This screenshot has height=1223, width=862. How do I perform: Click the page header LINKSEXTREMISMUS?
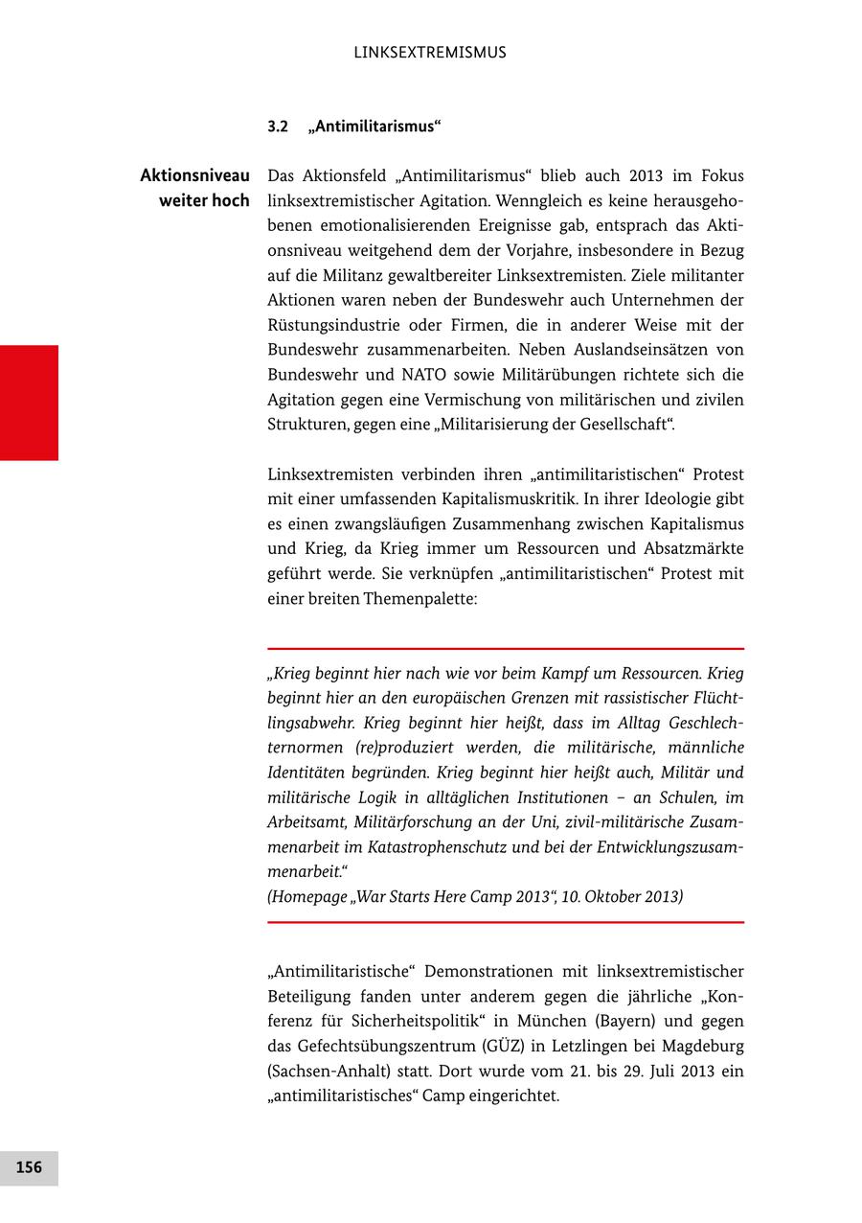(x=430, y=53)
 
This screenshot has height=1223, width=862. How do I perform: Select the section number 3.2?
(x=278, y=127)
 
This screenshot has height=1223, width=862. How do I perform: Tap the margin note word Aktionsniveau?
(x=194, y=176)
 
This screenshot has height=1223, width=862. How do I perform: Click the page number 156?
(x=29, y=1167)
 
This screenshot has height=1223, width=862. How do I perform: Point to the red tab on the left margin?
(x=29, y=403)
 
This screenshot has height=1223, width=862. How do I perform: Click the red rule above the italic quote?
(x=506, y=649)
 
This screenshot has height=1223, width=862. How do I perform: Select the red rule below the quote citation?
(x=506, y=922)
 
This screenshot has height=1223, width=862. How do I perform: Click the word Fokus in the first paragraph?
(x=722, y=176)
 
